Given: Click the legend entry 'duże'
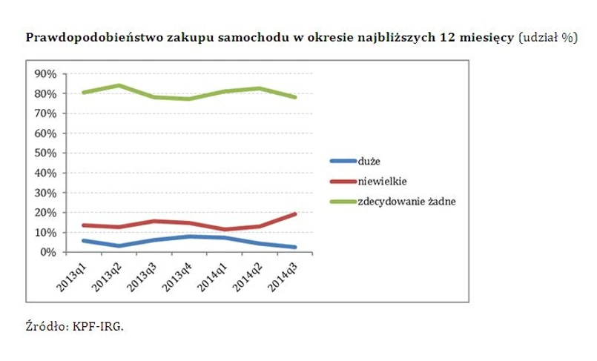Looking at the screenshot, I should (369, 160).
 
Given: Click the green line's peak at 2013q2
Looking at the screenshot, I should (119, 85).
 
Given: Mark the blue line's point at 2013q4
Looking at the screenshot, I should (189, 236).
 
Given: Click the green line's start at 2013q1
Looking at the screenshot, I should (84, 93).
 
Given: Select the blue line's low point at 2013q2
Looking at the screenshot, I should (119, 245).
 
